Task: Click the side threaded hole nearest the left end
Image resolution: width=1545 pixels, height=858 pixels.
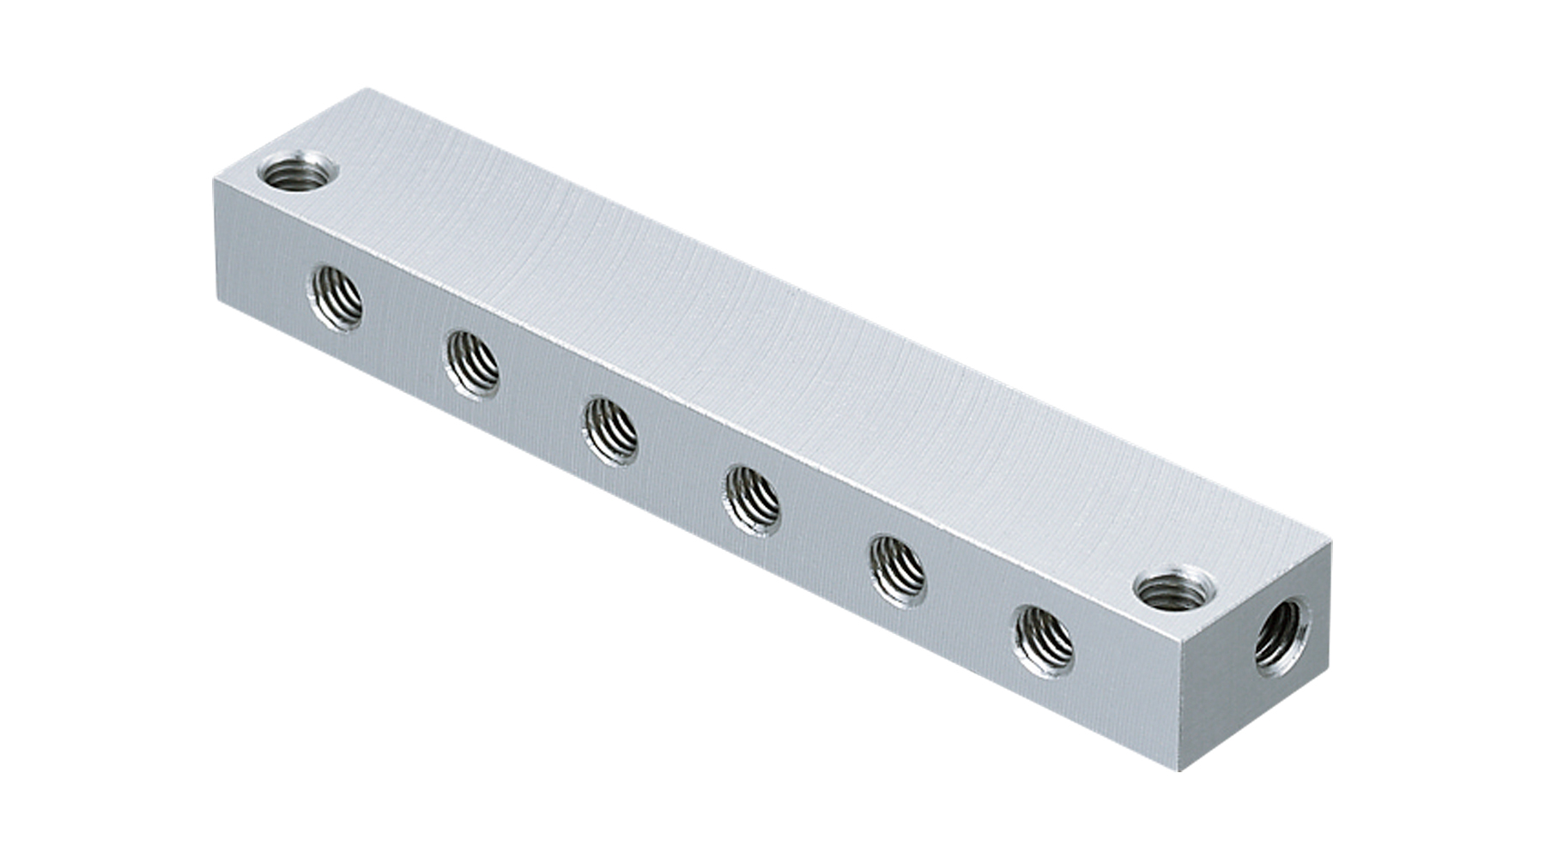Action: [x=335, y=298]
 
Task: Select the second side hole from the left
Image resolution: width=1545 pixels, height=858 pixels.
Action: [x=471, y=364]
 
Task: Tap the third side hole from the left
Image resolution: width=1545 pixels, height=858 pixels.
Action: [x=610, y=431]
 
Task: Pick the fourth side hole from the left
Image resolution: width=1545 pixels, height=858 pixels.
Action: [x=753, y=500]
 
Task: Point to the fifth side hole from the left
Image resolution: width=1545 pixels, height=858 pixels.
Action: [x=898, y=571]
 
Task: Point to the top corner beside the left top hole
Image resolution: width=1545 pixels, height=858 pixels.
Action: [x=213, y=178]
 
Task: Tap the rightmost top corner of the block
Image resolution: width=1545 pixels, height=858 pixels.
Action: [x=1332, y=542]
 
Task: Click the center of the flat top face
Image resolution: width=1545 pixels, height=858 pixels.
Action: [x=772, y=343]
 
